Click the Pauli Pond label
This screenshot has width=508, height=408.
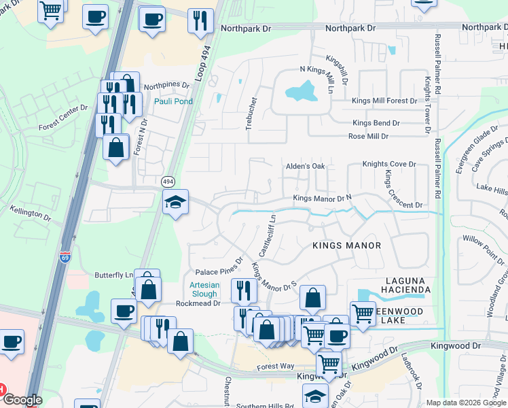(173, 101)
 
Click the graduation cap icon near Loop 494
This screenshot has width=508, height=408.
(175, 203)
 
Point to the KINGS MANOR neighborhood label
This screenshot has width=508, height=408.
(346, 245)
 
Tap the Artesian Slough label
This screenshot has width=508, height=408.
(204, 289)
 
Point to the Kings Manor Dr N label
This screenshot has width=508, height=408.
(322, 198)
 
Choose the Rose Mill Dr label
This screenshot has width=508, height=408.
(367, 136)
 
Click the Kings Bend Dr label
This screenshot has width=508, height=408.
(376, 123)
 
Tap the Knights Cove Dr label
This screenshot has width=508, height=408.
(388, 164)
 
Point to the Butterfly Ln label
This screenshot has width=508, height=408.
(113, 274)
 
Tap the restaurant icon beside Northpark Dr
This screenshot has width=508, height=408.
(200, 20)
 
